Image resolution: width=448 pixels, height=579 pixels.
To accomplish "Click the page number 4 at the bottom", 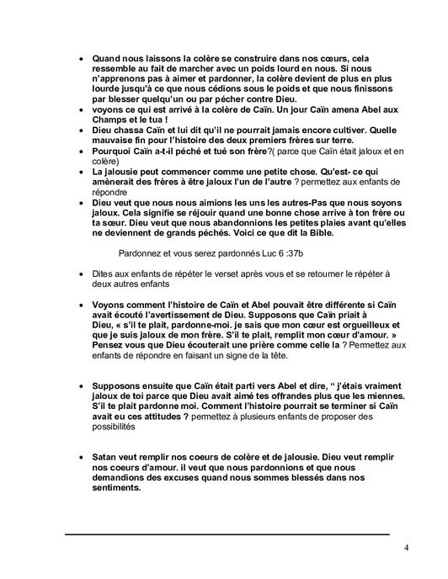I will point(406,549).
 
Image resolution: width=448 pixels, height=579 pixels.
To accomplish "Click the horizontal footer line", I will point(227,534).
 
